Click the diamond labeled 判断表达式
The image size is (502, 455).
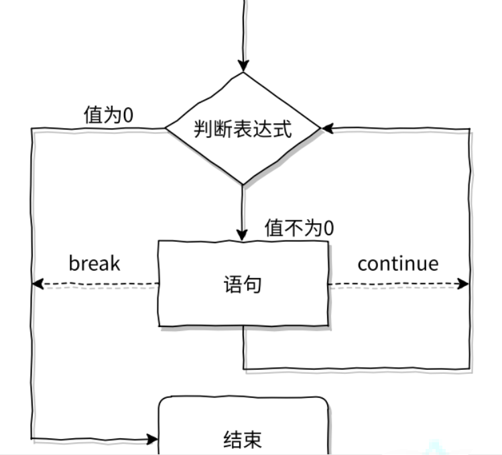243,128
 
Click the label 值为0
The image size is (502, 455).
108,115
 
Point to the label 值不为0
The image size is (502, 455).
299,228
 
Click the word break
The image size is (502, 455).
95,263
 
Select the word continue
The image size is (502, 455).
397,263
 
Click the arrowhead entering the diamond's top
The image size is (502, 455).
243,66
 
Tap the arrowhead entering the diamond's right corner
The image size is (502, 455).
328,128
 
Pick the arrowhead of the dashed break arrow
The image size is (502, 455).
38,284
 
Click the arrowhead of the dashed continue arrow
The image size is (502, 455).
462,284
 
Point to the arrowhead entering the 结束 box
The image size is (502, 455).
152,440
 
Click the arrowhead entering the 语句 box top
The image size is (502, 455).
243,235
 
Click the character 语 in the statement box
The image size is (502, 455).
233,285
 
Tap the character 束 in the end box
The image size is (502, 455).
252,440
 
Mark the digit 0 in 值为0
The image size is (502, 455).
127,115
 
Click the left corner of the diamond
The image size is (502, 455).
167,128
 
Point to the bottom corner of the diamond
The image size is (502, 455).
243,183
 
